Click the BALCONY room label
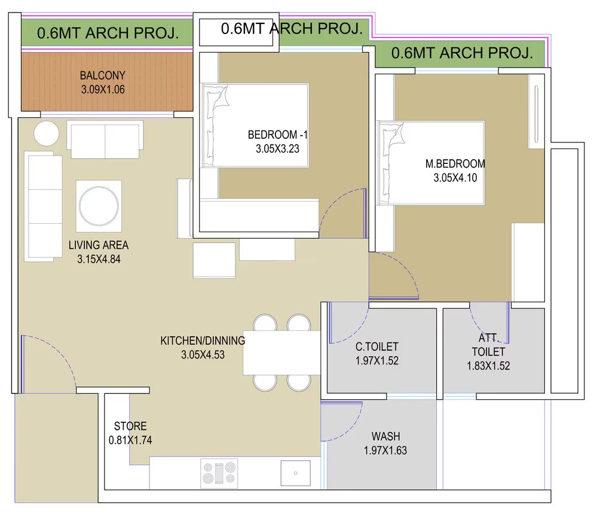coord(102,75)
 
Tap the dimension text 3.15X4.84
coord(99,259)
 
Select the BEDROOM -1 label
coord(278,135)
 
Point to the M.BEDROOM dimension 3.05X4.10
coord(455,178)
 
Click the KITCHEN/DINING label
coord(203,340)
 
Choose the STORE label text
coord(130,426)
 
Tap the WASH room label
coord(385,436)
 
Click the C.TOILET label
coord(377,346)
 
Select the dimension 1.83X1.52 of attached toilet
coord(488,366)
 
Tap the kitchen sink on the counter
coord(295,473)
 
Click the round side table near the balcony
coord(46,133)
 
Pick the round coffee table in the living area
coord(99,206)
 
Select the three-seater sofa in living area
coord(44,206)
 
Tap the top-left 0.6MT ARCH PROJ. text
coord(108,33)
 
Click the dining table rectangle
coord(282,352)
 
